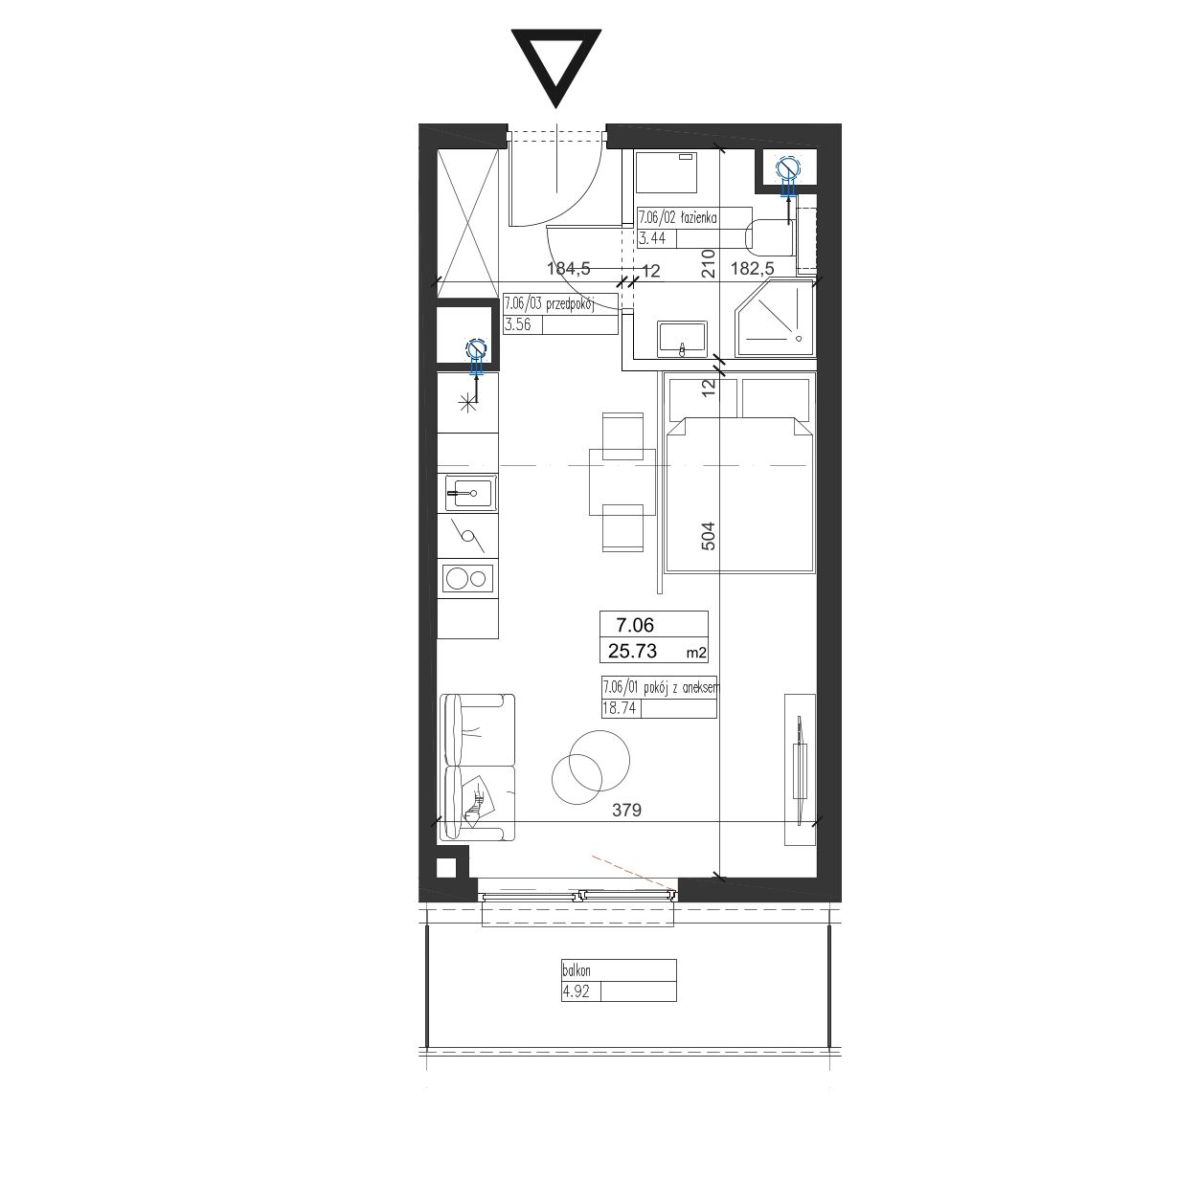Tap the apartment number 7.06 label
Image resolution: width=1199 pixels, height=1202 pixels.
pos(635,624)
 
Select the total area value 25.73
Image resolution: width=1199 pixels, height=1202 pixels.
pos(632,651)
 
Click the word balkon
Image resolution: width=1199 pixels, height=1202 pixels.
pos(577,970)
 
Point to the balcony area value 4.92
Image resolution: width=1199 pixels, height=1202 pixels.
pos(576,991)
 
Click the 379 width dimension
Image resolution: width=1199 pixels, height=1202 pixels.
pos(626,810)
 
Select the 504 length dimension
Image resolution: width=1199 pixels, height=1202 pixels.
pos(708,536)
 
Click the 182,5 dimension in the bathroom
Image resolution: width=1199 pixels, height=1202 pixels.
pos(752,268)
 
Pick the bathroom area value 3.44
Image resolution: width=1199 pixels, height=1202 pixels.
pos(652,237)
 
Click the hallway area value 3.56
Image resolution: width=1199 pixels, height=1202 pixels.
pos(517,324)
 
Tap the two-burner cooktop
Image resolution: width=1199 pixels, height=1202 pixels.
pos(467,578)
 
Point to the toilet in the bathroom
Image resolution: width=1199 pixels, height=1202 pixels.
pos(770,237)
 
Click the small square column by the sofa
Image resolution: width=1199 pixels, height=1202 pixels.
pos(446,867)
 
